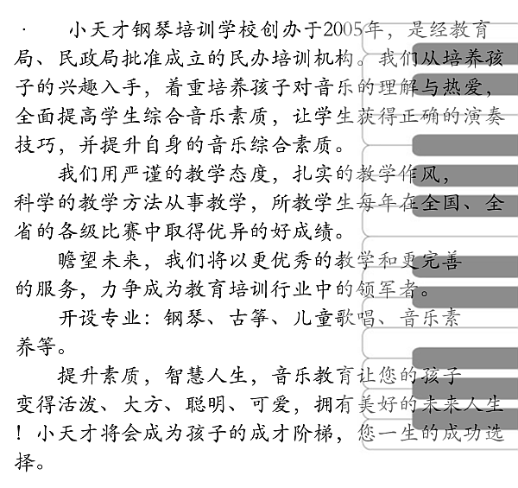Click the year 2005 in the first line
344,30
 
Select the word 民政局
88,59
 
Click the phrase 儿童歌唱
333,318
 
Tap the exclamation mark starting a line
19,433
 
